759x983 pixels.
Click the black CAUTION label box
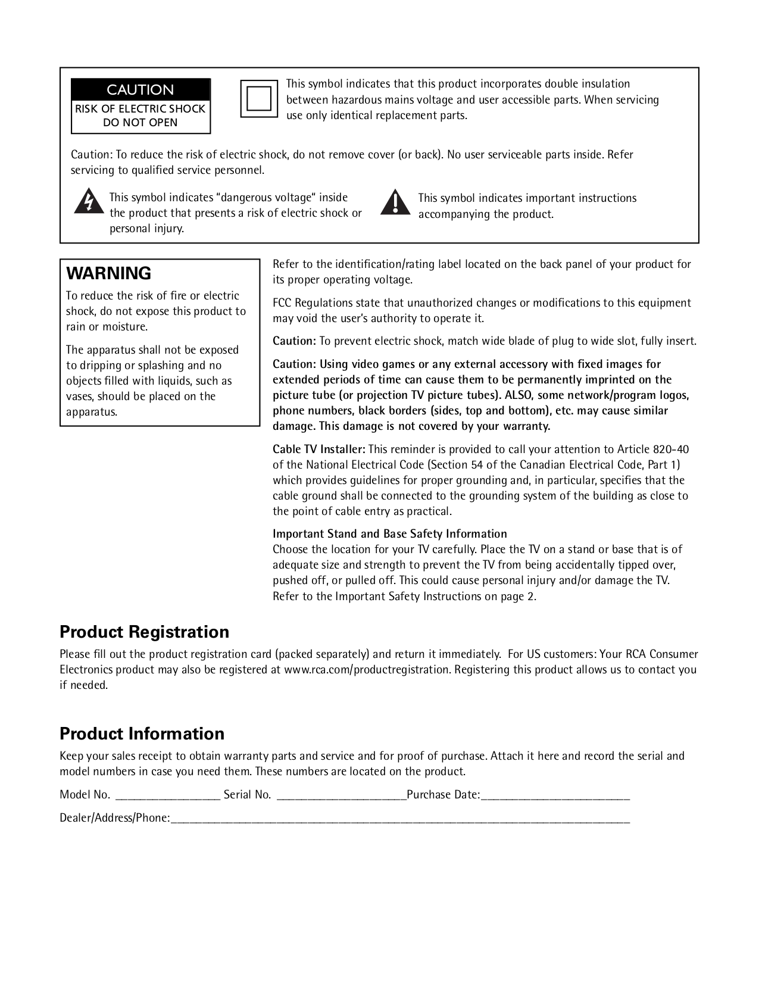tap(140, 90)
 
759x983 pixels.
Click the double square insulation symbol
tap(259, 98)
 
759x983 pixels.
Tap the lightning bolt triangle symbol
tap(88, 201)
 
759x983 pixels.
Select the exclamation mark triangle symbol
tap(395, 202)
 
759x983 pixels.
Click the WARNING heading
tap(109, 273)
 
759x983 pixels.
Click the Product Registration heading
tap(144, 632)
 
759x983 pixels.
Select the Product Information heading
tap(142, 734)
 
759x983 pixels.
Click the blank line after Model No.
tap(167, 796)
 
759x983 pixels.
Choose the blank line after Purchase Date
tap(555, 796)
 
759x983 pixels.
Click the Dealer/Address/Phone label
tap(114, 818)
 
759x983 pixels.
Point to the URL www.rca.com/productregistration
tap(367, 670)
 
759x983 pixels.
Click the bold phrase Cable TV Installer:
tap(318, 450)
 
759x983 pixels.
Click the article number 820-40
tap(671, 450)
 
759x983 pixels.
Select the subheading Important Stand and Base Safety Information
tap(389, 534)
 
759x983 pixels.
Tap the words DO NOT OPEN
tap(140, 123)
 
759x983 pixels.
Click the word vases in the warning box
tap(80, 397)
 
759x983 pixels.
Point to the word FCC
tap(282, 303)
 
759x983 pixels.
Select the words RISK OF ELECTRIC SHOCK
tap(140, 109)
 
